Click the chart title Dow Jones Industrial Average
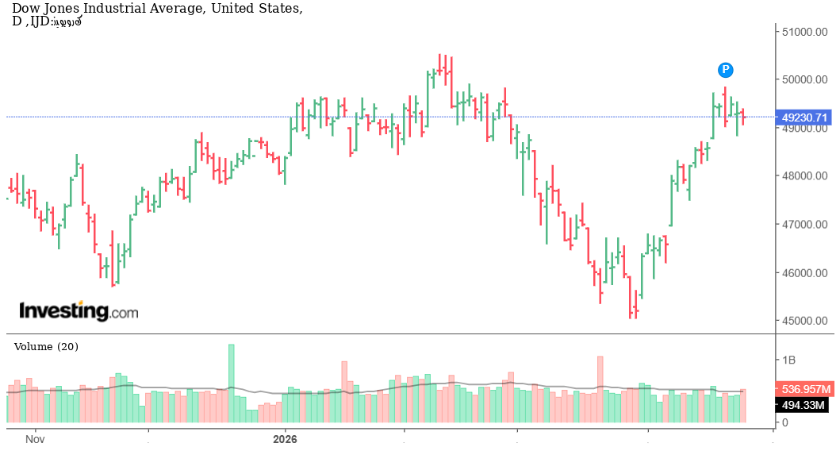pyautogui.click(x=156, y=9)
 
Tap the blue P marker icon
pyautogui.click(x=725, y=70)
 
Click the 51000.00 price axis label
pyautogui.click(x=805, y=32)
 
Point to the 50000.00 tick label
pyautogui.click(x=805, y=79)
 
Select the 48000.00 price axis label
pyautogui.click(x=805, y=176)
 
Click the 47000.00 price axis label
pyautogui.click(x=805, y=225)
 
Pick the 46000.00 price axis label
pyautogui.click(x=805, y=273)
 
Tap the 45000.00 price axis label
pyautogui.click(x=805, y=322)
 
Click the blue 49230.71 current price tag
pyautogui.click(x=805, y=118)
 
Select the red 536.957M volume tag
pyautogui.click(x=805, y=390)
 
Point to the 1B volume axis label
pyautogui.click(x=788, y=360)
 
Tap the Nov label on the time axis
pyautogui.click(x=33, y=438)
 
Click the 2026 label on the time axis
pyautogui.click(x=284, y=438)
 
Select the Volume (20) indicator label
pyautogui.click(x=46, y=347)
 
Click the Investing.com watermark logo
pyautogui.click(x=78, y=310)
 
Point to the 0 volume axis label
pyautogui.click(x=785, y=422)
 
